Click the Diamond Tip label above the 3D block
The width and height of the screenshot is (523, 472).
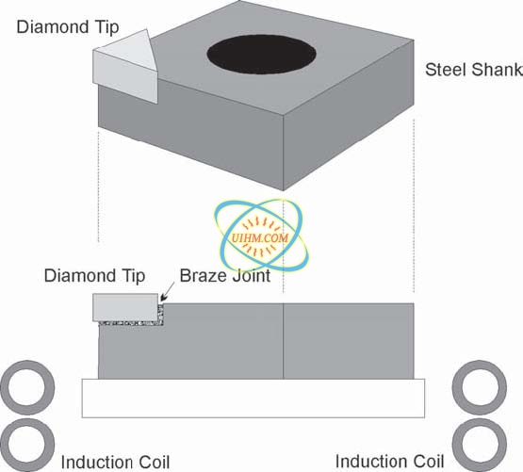(x=68, y=27)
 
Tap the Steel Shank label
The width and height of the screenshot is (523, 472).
(x=474, y=70)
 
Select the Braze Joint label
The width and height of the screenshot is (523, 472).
(x=225, y=276)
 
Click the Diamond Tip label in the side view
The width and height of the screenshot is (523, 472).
(x=95, y=276)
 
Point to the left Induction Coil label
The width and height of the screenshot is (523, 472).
(x=115, y=463)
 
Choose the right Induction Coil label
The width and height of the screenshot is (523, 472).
(x=389, y=462)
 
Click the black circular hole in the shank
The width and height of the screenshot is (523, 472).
(x=261, y=55)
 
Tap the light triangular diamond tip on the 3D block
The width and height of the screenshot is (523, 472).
(x=125, y=67)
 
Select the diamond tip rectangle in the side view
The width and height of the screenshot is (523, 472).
(x=125, y=307)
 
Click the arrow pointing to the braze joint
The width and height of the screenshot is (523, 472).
(x=168, y=292)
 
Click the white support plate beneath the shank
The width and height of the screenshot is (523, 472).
(x=253, y=399)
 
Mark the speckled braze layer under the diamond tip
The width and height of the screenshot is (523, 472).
(x=132, y=323)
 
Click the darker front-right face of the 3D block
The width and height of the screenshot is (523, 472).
(x=349, y=115)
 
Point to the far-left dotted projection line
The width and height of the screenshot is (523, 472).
(x=98, y=187)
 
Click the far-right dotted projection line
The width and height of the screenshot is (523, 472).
(x=414, y=205)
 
